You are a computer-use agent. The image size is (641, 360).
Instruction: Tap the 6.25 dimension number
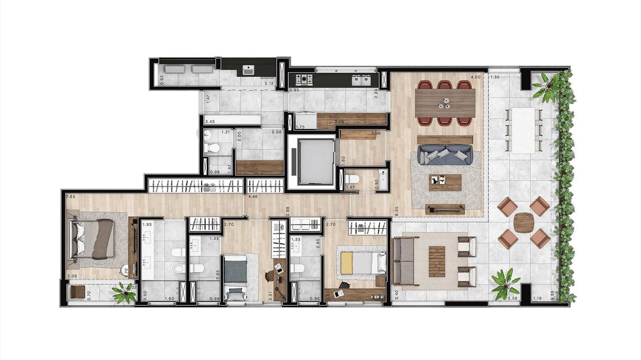pos(396,211)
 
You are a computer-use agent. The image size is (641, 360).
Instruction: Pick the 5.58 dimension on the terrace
pos(512,299)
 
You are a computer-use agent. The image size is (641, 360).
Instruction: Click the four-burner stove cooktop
pos(303,79)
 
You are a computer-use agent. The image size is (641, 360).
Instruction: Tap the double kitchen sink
pos(361,79)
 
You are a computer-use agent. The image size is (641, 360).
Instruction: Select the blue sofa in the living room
pos(445,154)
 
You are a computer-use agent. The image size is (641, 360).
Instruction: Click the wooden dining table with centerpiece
pos(445,103)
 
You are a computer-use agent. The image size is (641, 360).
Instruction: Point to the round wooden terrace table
pos(524,222)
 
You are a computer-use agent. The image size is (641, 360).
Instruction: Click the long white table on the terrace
pos(524,130)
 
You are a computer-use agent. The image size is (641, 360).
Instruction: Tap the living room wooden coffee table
pos(445,182)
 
